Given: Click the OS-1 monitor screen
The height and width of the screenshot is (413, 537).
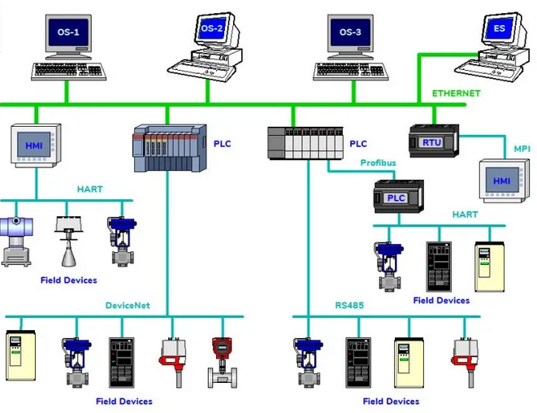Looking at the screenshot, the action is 68,33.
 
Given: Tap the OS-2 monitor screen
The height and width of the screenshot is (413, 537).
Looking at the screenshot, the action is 212,28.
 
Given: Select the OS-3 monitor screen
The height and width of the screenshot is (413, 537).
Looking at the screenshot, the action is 350,33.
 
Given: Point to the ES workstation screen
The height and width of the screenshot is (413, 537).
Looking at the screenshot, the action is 499,28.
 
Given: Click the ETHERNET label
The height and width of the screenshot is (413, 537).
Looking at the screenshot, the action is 456,93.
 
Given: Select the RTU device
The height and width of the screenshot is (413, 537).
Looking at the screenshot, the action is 434,141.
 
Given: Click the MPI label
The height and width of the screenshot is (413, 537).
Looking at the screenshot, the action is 522,149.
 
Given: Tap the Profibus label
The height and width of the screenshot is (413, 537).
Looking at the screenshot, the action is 378,163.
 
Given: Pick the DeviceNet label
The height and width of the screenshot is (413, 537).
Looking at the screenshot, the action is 128,306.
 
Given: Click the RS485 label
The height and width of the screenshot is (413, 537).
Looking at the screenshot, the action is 349,306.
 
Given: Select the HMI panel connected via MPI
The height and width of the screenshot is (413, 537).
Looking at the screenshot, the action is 502,180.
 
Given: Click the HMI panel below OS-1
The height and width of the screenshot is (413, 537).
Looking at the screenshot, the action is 36,146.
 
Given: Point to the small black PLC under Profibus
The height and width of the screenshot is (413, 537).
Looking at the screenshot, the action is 398,197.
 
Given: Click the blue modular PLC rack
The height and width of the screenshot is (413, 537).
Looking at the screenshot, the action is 170,148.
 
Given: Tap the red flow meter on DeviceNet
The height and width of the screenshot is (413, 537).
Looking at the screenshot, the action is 223,363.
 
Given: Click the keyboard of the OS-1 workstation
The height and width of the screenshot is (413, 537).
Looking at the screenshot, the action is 68,72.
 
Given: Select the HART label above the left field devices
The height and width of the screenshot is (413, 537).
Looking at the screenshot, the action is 89,189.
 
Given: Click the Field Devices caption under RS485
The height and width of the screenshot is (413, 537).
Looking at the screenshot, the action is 391,402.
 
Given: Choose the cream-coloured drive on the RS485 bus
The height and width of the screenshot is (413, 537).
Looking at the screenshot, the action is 409,363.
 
